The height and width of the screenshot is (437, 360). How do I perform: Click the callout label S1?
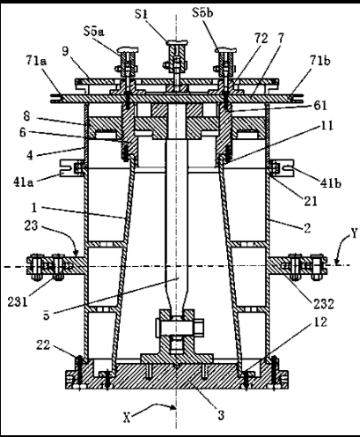141,14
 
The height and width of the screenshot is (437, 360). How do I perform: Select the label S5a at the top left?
94,32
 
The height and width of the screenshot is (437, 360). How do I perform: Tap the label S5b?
202,13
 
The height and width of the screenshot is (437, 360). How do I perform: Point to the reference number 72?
261,39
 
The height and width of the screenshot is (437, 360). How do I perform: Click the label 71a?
37,61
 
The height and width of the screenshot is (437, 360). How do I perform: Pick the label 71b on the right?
320,61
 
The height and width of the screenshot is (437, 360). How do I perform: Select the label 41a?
24,182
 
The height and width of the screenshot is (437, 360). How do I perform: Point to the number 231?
18,302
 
